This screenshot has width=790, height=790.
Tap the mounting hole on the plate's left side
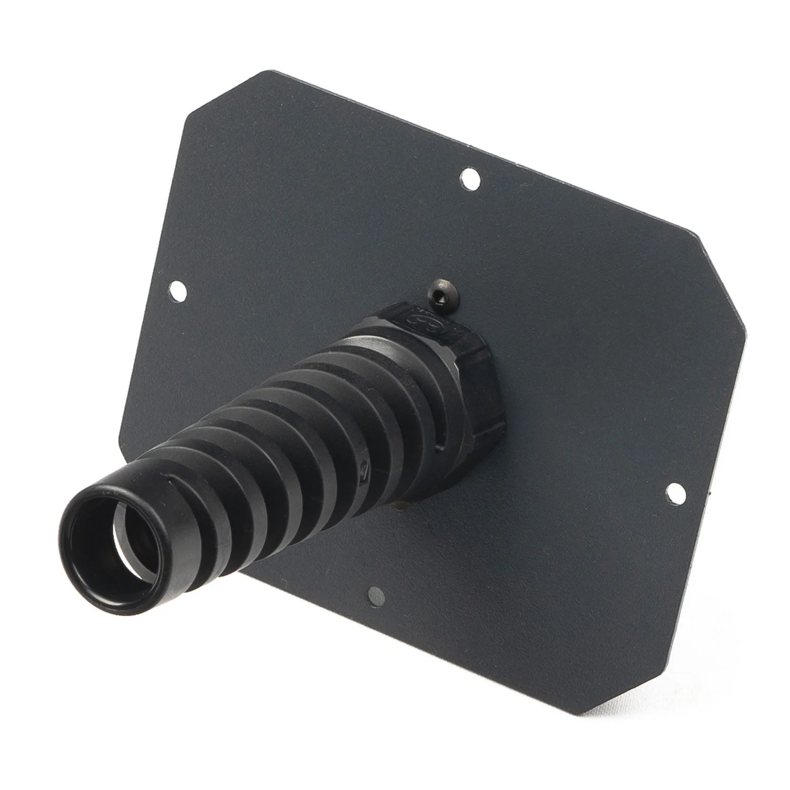[x=179, y=289]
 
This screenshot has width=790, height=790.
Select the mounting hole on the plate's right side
[x=674, y=491]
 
